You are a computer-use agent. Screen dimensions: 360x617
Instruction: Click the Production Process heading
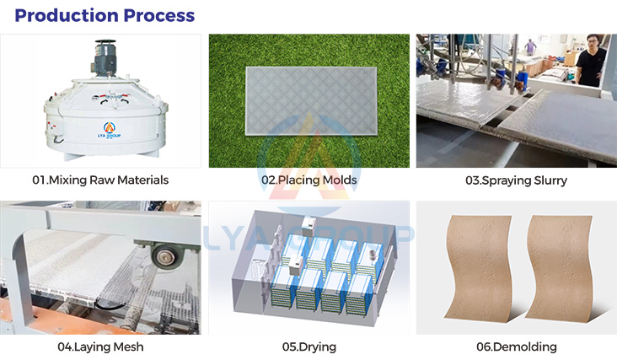point(105,15)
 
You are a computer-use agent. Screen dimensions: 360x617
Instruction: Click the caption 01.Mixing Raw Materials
point(100,180)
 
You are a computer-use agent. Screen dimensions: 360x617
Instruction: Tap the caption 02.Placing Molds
point(308,180)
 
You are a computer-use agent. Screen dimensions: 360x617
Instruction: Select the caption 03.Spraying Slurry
point(516,180)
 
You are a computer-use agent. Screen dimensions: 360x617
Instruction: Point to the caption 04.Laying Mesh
point(100,347)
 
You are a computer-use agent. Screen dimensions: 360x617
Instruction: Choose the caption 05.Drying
point(308,347)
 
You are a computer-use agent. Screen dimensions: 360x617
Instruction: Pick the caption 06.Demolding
point(516,347)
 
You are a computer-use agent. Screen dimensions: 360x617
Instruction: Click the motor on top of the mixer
point(106,60)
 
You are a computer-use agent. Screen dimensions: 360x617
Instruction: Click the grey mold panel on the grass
point(308,102)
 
